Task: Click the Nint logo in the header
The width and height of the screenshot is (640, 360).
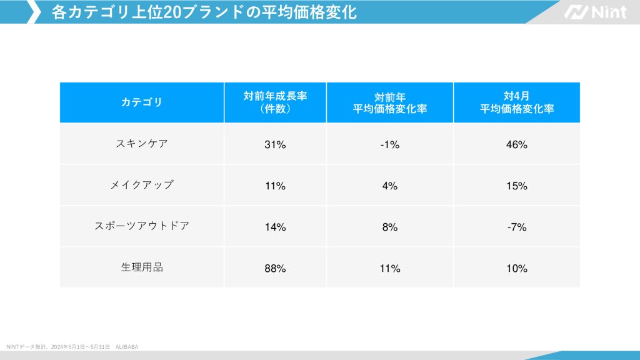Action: click(595, 12)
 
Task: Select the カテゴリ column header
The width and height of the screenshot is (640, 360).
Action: click(141, 102)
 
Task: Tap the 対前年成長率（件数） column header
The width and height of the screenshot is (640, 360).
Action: click(275, 102)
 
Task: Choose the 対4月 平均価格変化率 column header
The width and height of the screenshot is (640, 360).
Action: click(517, 102)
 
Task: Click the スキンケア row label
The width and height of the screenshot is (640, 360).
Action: click(141, 143)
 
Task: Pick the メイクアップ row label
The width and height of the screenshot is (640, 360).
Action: click(141, 185)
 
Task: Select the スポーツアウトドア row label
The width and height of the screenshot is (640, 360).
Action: click(141, 226)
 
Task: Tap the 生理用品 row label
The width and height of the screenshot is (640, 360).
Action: click(141, 267)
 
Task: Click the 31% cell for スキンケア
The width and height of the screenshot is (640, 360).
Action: click(275, 145)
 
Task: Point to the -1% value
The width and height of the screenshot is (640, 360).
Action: click(390, 145)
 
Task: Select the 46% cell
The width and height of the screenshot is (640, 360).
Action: click(517, 145)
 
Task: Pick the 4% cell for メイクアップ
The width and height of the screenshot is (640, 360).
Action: click(390, 186)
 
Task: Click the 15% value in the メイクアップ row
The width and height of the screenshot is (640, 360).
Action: click(517, 186)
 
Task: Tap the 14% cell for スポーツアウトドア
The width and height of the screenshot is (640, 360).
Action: click(275, 227)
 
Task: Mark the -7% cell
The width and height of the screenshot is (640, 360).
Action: click(517, 227)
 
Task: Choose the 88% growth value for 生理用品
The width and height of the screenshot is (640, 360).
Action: click(275, 269)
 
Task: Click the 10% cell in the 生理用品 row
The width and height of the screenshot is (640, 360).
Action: click(517, 269)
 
